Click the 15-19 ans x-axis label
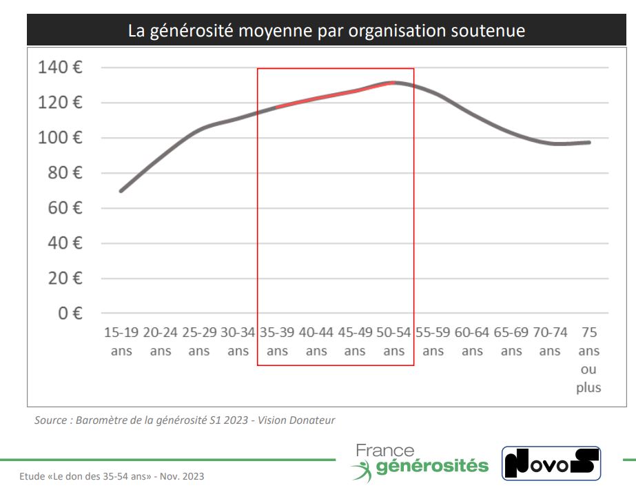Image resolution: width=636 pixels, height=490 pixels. [x=121, y=342]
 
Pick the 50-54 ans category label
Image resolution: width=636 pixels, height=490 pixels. [x=394, y=342]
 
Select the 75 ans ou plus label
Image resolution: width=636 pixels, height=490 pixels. [x=589, y=360]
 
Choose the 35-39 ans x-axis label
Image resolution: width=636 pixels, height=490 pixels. [x=277, y=342]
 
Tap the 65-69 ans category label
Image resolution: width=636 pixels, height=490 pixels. [x=511, y=342]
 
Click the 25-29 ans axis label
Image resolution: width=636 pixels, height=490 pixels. [x=199, y=342]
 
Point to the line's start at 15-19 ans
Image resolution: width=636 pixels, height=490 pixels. [x=121, y=191]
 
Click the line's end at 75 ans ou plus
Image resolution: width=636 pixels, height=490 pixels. [x=589, y=142]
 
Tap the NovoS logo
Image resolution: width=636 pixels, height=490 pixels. [x=551, y=464]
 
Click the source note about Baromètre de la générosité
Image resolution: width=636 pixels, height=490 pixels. [x=185, y=420]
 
